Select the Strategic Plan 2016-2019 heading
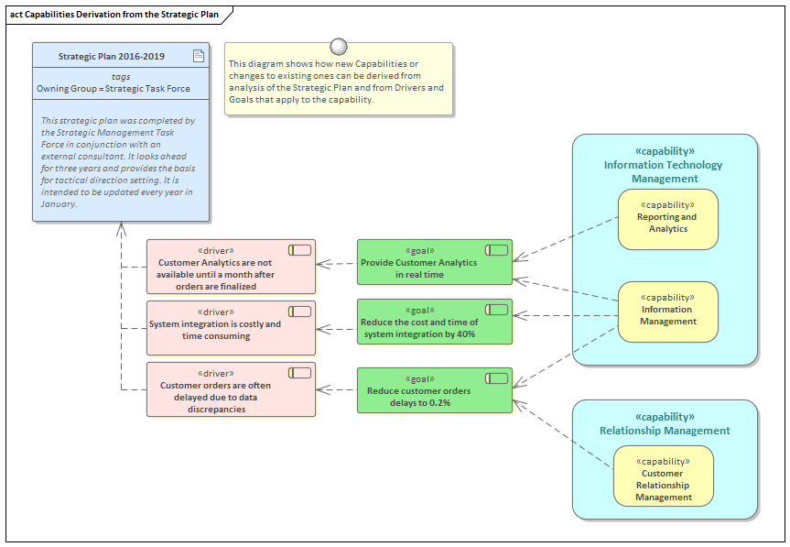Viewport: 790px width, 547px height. tap(111, 57)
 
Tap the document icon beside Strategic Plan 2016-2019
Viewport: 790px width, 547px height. tap(198, 56)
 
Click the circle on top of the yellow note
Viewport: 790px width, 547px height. tap(339, 47)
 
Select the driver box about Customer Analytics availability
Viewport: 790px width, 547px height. tap(230, 267)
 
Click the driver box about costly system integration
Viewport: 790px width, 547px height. tap(230, 329)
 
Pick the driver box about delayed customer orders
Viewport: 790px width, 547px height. tap(230, 390)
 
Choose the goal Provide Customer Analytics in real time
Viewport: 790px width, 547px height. tap(434, 263)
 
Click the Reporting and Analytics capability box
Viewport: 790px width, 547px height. tap(667, 219)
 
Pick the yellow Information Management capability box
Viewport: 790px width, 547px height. tap(667, 312)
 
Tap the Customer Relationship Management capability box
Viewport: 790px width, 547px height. tap(663, 476)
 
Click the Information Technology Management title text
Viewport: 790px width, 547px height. tap(663, 171)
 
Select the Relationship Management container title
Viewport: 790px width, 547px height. tap(665, 431)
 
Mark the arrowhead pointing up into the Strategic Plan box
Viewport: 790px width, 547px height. tap(120, 230)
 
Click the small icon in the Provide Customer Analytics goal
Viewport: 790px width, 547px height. tap(496, 250)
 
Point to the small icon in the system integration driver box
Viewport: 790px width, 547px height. tap(299, 312)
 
